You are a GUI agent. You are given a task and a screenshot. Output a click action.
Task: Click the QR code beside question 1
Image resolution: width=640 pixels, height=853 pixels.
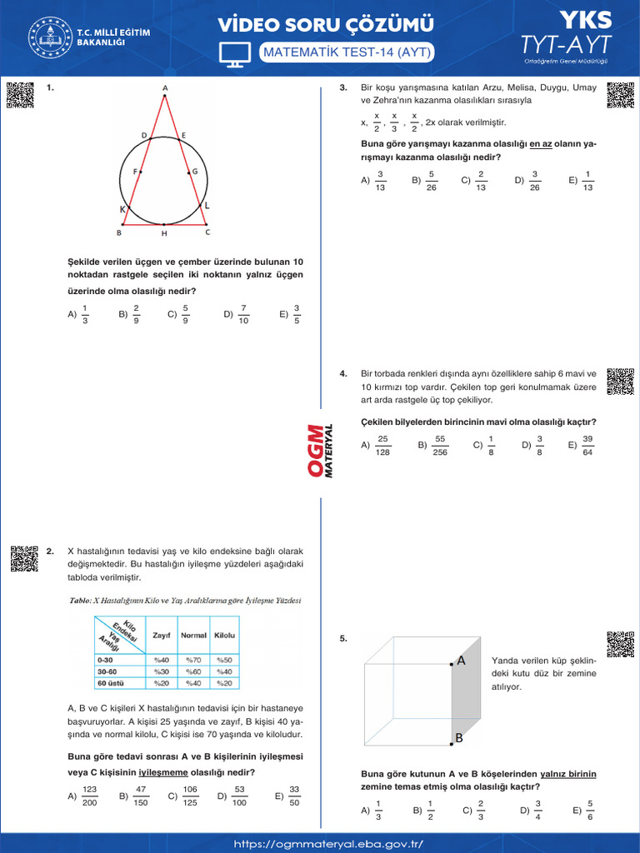[x=19, y=96]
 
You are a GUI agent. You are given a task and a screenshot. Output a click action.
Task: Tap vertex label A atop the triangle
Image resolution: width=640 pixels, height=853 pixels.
[x=165, y=87]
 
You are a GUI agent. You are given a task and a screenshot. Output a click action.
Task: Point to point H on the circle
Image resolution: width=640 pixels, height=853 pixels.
[x=164, y=232]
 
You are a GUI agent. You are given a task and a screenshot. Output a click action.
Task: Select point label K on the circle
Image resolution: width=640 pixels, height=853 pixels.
[x=122, y=210]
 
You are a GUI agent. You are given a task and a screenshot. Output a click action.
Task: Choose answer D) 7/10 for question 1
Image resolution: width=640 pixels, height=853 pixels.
[x=237, y=314]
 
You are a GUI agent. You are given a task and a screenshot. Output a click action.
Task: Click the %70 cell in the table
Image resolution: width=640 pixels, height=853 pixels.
[x=193, y=660]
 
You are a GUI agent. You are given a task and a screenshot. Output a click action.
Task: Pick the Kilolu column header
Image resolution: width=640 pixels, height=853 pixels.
[x=224, y=636]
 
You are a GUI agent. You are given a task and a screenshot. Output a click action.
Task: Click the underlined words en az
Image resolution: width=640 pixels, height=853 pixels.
[x=541, y=143]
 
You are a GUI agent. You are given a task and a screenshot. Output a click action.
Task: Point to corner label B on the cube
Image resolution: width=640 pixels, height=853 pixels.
[x=458, y=738]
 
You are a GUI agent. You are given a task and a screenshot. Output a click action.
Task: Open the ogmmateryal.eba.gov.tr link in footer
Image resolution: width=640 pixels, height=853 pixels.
[x=328, y=844]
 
